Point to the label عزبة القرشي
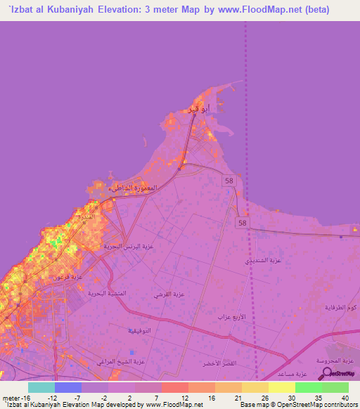169,295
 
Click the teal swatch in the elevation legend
41,387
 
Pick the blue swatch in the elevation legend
68,387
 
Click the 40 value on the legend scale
345,397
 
